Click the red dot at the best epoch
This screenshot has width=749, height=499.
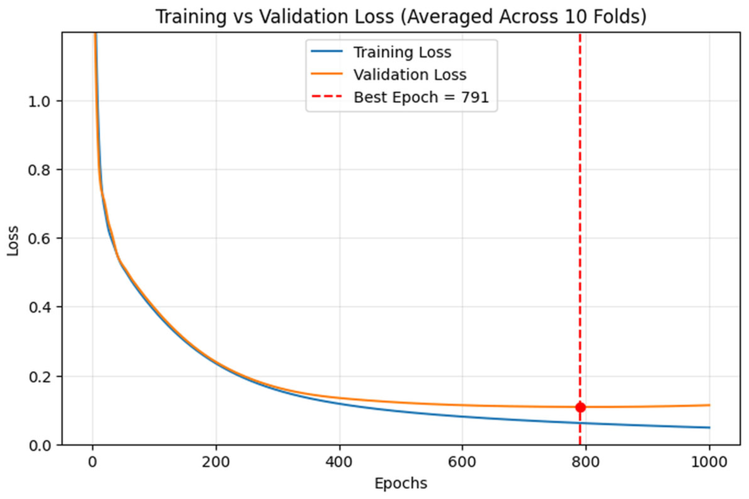click(580, 407)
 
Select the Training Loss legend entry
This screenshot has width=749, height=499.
click(402, 53)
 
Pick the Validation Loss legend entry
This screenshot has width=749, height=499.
click(410, 75)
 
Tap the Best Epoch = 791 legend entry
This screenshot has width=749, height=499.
click(421, 97)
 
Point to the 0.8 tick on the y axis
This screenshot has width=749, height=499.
click(39, 170)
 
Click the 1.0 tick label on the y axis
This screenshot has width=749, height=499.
click(39, 101)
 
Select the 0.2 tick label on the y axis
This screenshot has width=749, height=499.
click(39, 377)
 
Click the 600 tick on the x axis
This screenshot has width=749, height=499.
click(462, 462)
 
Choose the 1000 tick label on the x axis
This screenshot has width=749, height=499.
click(709, 462)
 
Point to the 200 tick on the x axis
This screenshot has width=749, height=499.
click(216, 462)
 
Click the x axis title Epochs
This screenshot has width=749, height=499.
click(400, 483)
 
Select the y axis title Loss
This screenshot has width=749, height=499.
click(13, 241)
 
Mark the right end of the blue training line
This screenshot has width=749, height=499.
click(709, 428)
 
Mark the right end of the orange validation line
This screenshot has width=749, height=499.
click(709, 405)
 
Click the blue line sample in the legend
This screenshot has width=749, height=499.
click(327, 52)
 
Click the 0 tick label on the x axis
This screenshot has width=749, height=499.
click(92, 462)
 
